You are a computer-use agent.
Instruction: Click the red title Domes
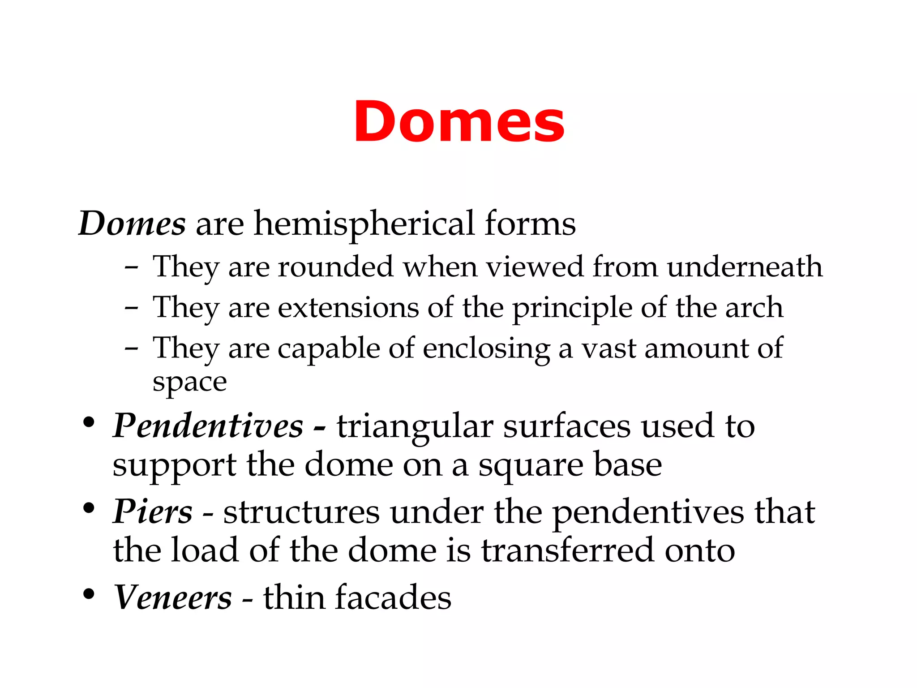459,122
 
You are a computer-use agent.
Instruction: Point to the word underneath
744,267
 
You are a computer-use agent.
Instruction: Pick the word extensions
348,308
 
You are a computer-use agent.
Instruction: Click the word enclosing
486,349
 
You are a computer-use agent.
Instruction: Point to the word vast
609,349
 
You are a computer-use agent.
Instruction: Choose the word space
189,383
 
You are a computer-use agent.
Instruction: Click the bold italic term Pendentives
208,426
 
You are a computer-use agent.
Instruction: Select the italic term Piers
153,512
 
